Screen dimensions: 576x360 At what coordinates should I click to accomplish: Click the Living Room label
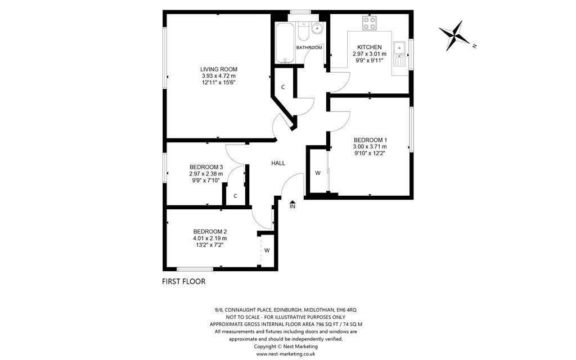pos(219,69)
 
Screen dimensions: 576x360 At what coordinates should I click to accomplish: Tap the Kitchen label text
pos(370,47)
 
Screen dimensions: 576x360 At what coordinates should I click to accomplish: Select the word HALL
pos(278,163)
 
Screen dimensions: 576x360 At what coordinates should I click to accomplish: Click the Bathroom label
pos(309,47)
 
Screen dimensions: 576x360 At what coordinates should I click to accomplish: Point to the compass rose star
pos(454,35)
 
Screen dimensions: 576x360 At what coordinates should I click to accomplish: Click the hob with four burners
pos(370,24)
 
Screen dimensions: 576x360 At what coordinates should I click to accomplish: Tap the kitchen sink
pos(399,53)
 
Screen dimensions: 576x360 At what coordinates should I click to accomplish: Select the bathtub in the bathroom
pos(285,43)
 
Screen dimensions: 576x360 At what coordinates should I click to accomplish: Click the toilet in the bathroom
pos(303,31)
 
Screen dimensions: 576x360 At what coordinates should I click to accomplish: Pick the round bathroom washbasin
pos(317,28)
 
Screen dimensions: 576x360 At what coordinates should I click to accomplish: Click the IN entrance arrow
pos(292,202)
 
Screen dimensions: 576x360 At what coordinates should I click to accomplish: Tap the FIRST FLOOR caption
pos(184,282)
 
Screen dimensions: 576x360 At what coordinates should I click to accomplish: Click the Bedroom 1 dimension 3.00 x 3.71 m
pos(370,147)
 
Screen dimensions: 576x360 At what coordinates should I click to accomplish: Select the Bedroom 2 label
pos(210,231)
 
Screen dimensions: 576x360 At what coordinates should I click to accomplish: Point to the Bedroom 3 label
pos(206,166)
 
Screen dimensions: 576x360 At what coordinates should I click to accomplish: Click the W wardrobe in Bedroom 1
pos(318,173)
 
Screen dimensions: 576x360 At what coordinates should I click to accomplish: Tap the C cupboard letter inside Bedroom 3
pos(235,196)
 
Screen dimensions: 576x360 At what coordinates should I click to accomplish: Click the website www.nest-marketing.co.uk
pos(286,354)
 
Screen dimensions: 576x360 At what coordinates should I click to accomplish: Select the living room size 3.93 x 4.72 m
pos(219,76)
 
